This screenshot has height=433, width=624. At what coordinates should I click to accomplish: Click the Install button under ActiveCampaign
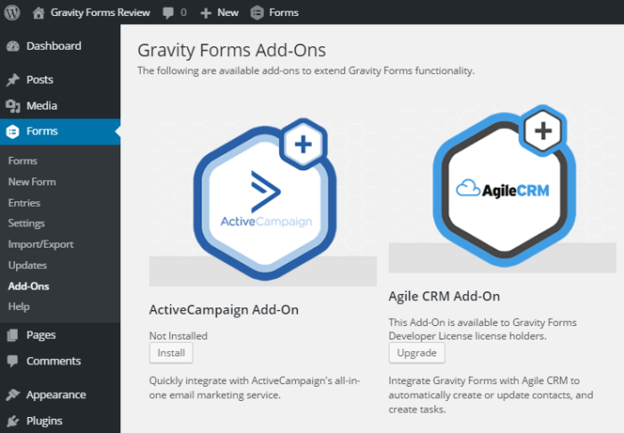click(x=170, y=353)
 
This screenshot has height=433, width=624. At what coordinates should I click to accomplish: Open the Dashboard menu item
click(x=53, y=46)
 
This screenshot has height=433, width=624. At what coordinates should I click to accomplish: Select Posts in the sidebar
click(x=39, y=79)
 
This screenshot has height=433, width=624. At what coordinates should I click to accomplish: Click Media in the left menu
click(x=41, y=106)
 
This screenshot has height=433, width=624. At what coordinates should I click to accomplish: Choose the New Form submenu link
click(x=31, y=182)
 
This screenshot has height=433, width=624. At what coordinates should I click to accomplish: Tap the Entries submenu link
click(x=24, y=203)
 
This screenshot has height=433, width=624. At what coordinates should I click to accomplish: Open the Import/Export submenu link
click(x=40, y=244)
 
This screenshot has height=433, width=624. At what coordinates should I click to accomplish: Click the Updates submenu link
click(x=27, y=266)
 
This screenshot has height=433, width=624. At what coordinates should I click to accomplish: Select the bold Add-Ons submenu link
click(x=29, y=286)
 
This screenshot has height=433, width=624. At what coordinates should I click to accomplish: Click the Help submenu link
click(x=19, y=306)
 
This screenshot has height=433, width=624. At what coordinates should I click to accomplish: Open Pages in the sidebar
click(x=41, y=335)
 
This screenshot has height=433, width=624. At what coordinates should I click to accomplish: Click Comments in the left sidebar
click(x=53, y=361)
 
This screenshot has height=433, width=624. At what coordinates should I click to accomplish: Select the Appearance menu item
click(x=55, y=395)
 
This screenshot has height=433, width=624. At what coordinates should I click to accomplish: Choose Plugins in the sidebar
click(x=45, y=421)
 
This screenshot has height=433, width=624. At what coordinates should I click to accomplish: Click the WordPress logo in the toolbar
click(x=12, y=12)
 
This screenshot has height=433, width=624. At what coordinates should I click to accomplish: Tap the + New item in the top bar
click(x=219, y=12)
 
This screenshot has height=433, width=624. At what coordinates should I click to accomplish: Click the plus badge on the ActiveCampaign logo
click(x=303, y=145)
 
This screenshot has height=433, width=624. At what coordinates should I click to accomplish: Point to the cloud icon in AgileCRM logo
click(x=468, y=188)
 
